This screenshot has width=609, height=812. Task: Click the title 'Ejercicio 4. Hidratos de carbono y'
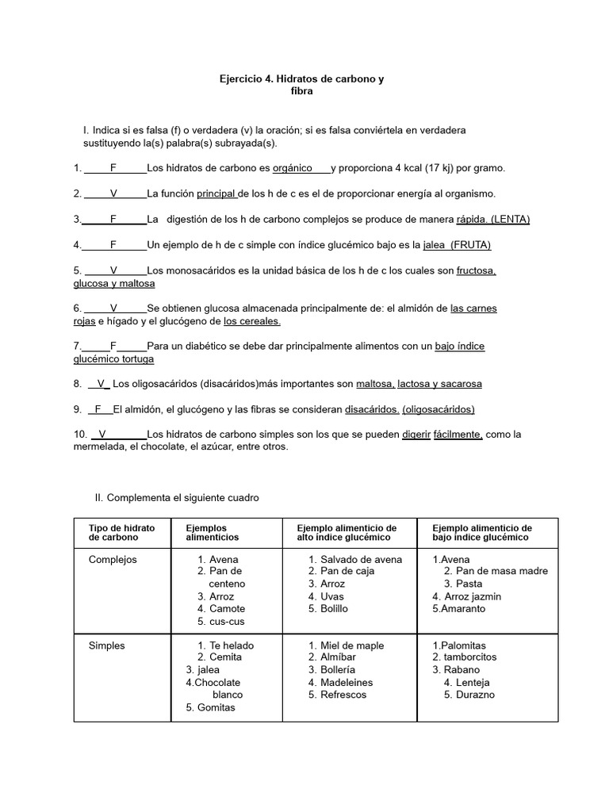pyautogui.click(x=301, y=79)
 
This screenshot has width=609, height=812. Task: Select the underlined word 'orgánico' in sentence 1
pyautogui.click(x=293, y=168)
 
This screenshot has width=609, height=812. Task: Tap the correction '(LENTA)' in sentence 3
pyautogui.click(x=511, y=219)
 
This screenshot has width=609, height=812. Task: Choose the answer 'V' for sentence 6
pyautogui.click(x=113, y=308)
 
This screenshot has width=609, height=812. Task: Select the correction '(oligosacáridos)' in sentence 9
pyautogui.click(x=439, y=409)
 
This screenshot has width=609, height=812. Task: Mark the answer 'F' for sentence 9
pyautogui.click(x=98, y=409)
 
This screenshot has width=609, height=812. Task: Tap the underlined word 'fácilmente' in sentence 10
pyautogui.click(x=458, y=435)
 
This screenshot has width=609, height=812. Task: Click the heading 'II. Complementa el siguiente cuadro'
pyautogui.click(x=177, y=498)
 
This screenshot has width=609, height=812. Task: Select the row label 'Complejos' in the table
pyautogui.click(x=113, y=560)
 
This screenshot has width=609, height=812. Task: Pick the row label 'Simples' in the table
pyautogui.click(x=107, y=645)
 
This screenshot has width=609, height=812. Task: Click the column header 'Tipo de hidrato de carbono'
pyautogui.click(x=121, y=533)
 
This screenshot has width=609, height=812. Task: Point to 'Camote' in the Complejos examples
pyautogui.click(x=226, y=609)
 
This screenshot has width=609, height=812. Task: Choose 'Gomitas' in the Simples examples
pyautogui.click(x=216, y=707)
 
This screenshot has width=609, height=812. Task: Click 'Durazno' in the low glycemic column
pyautogui.click(x=475, y=695)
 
